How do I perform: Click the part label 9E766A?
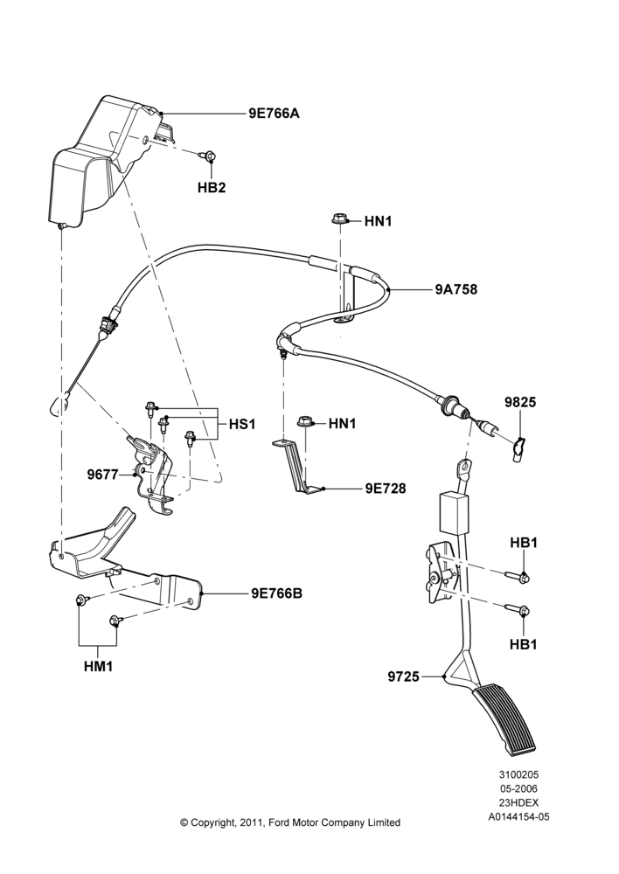click(274, 114)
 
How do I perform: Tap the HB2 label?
click(212, 188)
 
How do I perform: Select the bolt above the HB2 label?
click(209, 156)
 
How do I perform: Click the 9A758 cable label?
click(456, 289)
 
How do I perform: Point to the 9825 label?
click(520, 402)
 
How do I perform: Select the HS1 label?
click(242, 424)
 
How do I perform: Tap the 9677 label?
click(102, 475)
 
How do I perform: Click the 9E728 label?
click(386, 489)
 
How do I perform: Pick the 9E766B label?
click(276, 593)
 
